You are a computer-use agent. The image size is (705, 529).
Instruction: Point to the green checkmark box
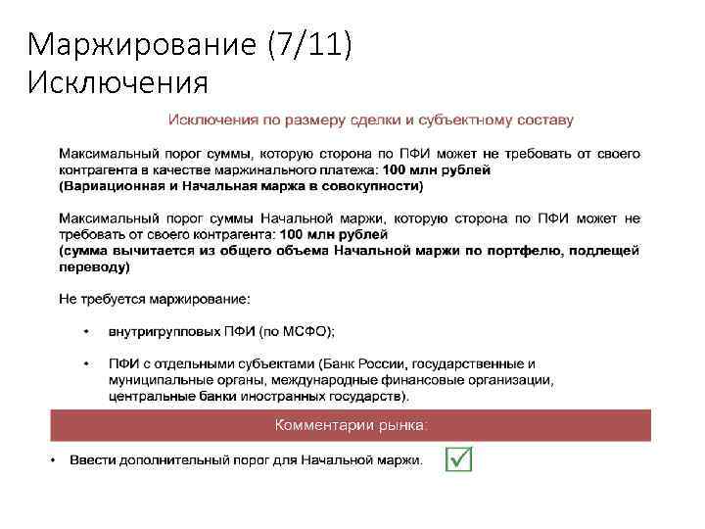[458, 458]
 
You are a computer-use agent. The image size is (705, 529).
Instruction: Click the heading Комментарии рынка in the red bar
[351, 425]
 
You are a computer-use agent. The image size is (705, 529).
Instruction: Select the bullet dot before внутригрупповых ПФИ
[85, 331]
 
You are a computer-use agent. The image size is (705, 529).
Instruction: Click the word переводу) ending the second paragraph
[94, 266]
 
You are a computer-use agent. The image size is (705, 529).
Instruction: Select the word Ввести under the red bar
[89, 459]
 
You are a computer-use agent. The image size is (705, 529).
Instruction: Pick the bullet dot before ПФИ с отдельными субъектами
[85, 363]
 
